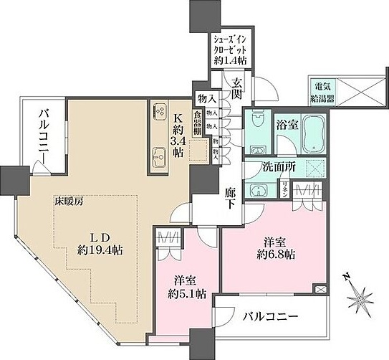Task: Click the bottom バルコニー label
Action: pos(271,316)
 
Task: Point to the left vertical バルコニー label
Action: pos(44,136)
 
